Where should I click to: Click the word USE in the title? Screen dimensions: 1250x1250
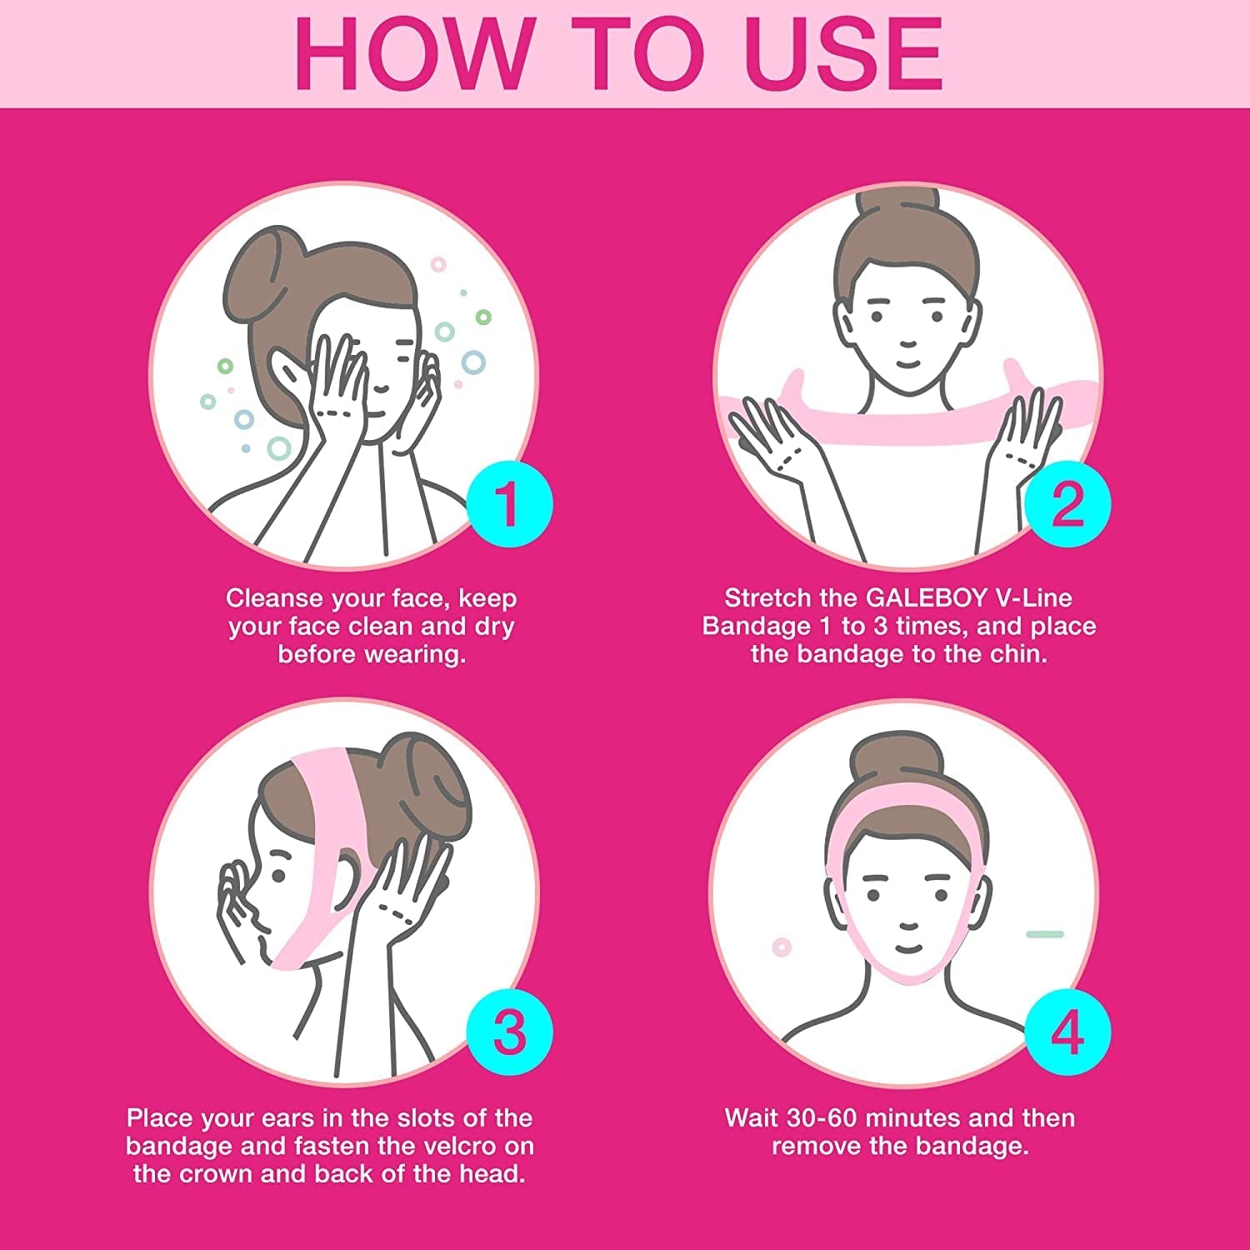click(842, 54)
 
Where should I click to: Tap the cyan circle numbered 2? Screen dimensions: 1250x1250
click(1067, 503)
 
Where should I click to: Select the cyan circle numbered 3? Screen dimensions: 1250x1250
click(509, 1030)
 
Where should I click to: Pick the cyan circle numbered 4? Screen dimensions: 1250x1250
click(1067, 1030)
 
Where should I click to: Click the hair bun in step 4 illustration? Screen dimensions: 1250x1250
click(897, 758)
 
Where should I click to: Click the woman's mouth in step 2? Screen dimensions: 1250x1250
click(907, 364)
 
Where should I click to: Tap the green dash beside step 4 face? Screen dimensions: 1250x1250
click(1045, 934)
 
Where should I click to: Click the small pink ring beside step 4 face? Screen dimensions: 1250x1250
click(782, 947)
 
